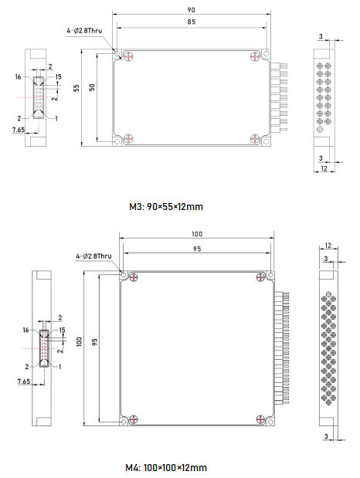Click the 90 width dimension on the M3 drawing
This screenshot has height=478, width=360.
coord(191,10)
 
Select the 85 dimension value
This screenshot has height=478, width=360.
coord(192,22)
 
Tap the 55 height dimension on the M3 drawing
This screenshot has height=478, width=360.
coord(76,88)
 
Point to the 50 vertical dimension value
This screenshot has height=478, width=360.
coord(92,87)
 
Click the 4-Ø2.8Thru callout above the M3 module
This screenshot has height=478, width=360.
coord(84,30)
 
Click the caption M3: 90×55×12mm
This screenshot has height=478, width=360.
coord(166,207)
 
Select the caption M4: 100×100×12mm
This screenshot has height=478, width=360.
coord(166,467)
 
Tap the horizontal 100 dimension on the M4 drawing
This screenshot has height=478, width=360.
coord(197,234)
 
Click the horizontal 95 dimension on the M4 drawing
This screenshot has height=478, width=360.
coord(197,249)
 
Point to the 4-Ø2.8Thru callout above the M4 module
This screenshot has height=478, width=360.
coord(93,256)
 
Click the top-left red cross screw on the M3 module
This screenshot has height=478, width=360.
coord(128,56)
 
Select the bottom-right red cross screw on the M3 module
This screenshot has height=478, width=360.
coord(255,138)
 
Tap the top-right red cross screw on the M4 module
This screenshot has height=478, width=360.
coord(260,277)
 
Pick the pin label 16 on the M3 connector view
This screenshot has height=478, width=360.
coord(19,76)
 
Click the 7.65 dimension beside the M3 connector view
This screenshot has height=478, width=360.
coord(19,130)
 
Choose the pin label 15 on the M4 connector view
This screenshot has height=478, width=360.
coord(62,331)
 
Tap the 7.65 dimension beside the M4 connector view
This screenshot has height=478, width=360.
coord(24,381)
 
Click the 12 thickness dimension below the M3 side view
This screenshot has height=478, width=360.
coord(324,168)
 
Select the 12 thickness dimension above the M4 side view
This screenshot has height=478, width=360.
coord(328,246)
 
